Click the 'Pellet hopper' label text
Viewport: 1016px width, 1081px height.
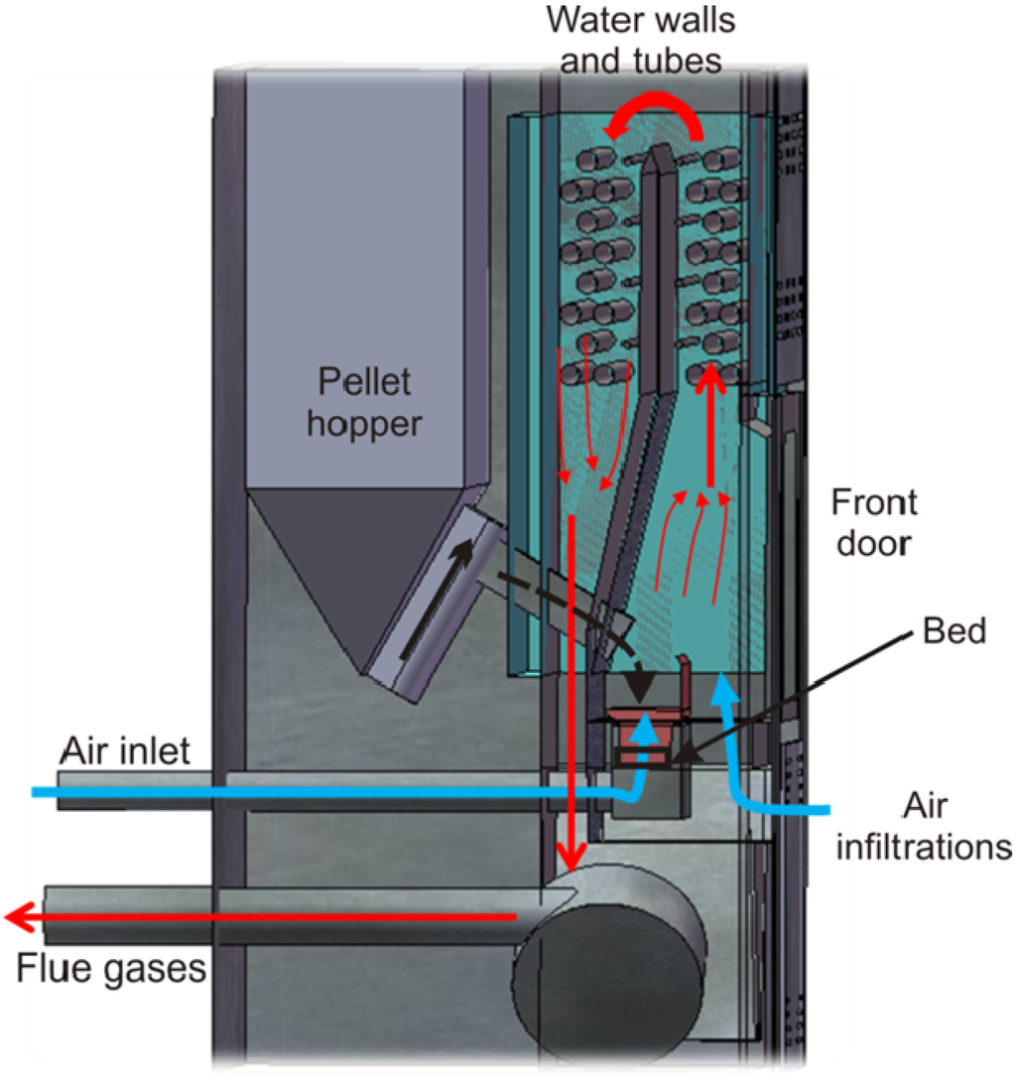point(363,402)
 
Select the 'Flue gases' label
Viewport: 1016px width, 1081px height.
point(110,966)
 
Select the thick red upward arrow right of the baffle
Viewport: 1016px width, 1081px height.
point(709,427)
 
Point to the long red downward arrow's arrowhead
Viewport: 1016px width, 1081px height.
point(571,854)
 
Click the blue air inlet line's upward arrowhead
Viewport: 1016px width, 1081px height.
point(644,728)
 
